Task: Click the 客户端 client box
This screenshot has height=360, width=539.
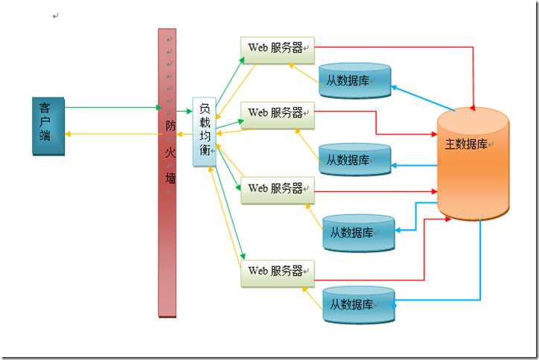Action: click(48, 125)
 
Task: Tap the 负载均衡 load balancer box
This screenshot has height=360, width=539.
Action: click(204, 132)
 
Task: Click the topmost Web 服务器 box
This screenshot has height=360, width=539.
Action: click(278, 48)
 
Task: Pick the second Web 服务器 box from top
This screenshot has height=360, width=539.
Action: click(278, 113)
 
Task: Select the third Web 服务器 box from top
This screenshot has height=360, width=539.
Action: click(278, 189)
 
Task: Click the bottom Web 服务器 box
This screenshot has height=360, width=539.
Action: click(278, 271)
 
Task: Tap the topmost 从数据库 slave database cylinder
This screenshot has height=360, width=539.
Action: click(354, 80)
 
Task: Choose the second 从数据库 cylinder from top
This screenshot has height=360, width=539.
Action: click(354, 160)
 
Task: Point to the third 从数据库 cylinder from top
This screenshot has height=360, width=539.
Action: click(358, 233)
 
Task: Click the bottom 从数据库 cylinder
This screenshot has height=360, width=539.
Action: click(358, 305)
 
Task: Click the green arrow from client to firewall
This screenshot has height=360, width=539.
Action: click(112, 109)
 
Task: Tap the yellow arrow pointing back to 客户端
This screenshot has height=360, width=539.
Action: click(112, 135)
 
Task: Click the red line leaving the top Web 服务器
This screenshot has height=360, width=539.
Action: click(395, 48)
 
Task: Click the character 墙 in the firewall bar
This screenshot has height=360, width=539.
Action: click(171, 179)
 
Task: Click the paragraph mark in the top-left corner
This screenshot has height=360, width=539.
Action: click(56, 16)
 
